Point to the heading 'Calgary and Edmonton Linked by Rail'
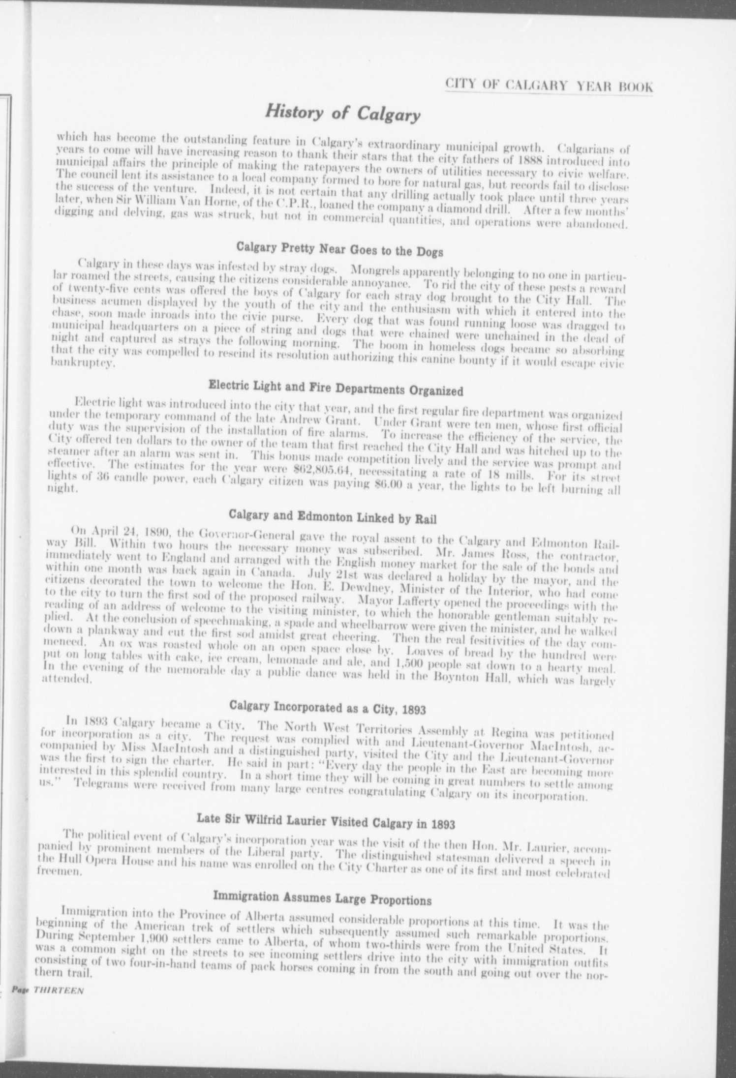click(x=333, y=518)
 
